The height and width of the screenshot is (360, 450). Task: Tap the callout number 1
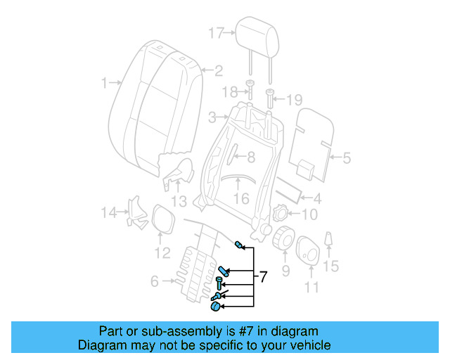pos(104,83)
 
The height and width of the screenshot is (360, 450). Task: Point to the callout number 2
pos(219,70)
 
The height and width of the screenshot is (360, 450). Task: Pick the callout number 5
pos(346,158)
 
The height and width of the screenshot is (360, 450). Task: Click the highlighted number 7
pos(263,277)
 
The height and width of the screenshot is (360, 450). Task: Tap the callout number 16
pos(241,199)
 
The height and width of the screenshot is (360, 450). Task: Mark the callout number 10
pos(309,214)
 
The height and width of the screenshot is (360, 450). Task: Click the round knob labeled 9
pos(285,238)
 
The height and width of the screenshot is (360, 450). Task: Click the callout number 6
pos(155,282)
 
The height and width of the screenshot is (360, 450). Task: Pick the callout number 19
pos(293,99)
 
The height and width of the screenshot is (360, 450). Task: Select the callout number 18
pos(229,93)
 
